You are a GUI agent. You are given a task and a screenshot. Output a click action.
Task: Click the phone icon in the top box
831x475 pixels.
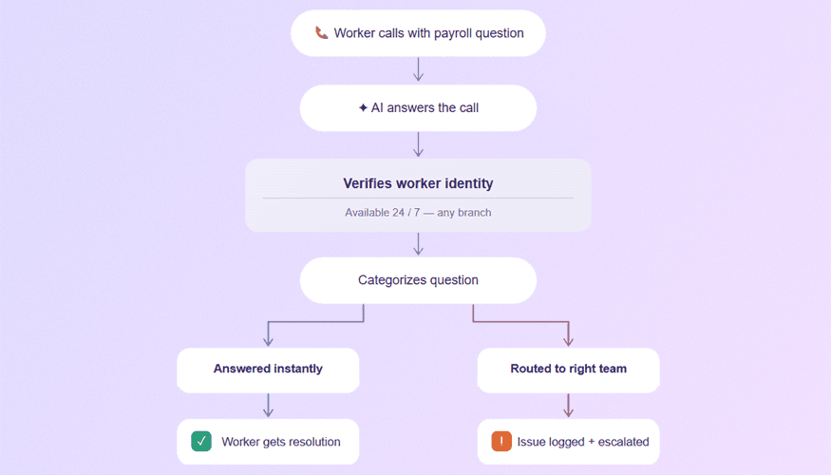[322, 33]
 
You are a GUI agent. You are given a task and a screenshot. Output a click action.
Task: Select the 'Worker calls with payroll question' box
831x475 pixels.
[418, 33]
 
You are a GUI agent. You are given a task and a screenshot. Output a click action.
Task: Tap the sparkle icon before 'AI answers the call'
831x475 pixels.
[363, 108]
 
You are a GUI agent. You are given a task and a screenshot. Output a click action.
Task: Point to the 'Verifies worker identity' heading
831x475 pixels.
[418, 183]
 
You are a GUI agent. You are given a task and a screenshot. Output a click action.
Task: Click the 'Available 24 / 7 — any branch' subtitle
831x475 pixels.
[418, 213]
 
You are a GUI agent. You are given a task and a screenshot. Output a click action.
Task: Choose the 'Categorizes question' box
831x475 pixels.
[418, 280]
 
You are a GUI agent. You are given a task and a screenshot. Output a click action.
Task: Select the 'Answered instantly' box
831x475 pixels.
[268, 370]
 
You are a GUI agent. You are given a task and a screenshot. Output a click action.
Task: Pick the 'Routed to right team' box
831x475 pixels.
[568, 370]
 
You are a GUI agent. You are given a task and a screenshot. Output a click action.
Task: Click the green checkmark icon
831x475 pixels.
[201, 442]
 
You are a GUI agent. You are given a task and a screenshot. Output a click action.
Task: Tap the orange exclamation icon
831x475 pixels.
[501, 442]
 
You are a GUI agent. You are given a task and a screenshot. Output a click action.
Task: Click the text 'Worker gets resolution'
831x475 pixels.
[280, 442]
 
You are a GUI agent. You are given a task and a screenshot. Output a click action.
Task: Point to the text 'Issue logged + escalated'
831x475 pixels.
[582, 442]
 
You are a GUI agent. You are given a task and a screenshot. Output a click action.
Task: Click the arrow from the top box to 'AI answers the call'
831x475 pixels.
[418, 70]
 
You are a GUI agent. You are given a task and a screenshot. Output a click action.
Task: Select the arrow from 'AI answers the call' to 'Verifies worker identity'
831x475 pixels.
[418, 144]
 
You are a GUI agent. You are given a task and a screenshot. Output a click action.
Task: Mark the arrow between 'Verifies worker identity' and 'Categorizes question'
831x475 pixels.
[418, 244]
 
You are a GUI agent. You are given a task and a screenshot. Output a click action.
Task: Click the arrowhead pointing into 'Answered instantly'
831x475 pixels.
[268, 341]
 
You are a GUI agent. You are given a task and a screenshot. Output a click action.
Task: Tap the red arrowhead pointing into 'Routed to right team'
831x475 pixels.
[568, 341]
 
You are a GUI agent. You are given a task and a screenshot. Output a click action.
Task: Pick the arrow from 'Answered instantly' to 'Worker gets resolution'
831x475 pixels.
[268, 406]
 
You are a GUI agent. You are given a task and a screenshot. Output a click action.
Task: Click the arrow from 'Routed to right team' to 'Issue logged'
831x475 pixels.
[568, 406]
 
